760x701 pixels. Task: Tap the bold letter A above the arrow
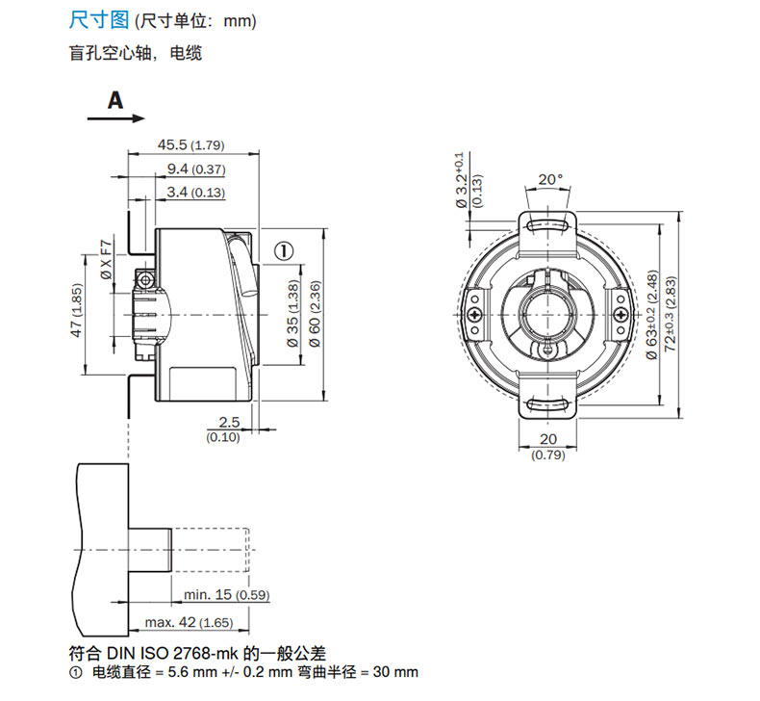115,100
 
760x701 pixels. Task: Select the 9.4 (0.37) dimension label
195,169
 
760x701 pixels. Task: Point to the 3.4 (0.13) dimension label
195,193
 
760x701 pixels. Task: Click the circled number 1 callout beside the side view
284,250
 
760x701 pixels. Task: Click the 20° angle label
548,179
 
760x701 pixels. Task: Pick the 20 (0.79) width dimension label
548,447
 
